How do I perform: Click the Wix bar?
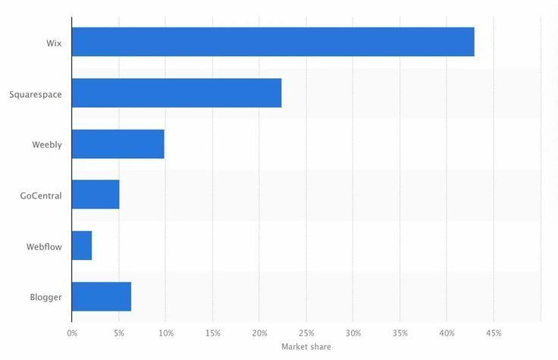(x=273, y=42)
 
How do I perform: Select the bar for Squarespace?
(x=177, y=92)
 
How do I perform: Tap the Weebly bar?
(x=118, y=144)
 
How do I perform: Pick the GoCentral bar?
(x=96, y=195)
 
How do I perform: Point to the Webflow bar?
(x=82, y=246)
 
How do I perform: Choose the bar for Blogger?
(x=102, y=296)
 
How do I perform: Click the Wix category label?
(x=54, y=43)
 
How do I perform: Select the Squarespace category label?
(x=36, y=94)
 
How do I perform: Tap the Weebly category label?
(x=47, y=145)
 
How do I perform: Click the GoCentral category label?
(x=41, y=196)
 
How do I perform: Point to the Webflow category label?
(x=44, y=246)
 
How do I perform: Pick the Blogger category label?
(x=45, y=297)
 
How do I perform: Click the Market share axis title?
(x=306, y=346)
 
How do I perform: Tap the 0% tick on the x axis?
(x=72, y=333)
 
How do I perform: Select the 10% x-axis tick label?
(x=166, y=333)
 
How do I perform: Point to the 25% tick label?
(x=306, y=333)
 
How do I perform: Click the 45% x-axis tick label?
(x=494, y=333)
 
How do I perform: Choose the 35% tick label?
(x=400, y=333)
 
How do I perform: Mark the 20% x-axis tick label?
(x=259, y=333)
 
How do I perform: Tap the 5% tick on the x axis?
(x=119, y=333)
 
